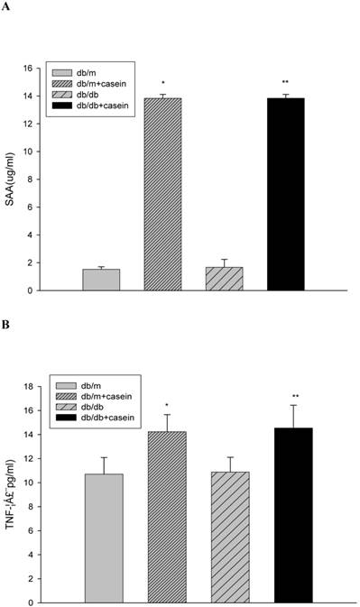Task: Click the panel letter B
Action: tap(6, 318)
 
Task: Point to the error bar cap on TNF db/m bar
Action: tap(104, 457)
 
